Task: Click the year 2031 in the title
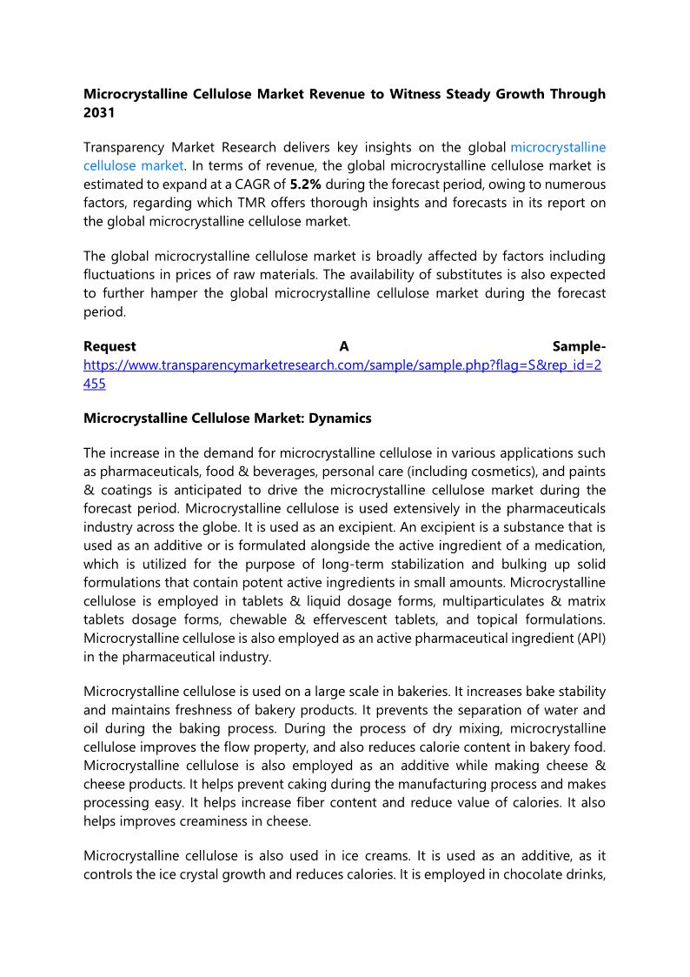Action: [x=98, y=113]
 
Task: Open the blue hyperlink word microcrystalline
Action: [x=558, y=148]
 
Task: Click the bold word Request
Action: [x=109, y=347]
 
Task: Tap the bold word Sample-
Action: [x=579, y=347]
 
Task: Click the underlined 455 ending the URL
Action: [x=95, y=383]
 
